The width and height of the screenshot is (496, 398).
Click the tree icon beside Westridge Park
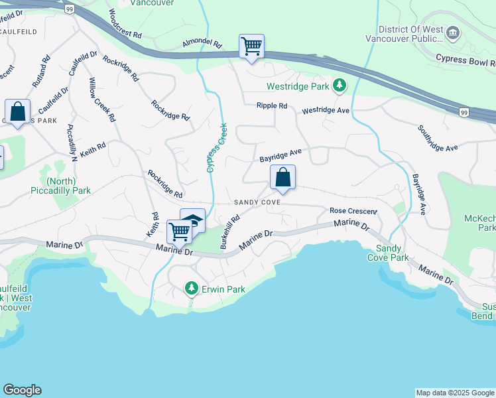(340, 86)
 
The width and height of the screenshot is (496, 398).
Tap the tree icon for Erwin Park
(192, 289)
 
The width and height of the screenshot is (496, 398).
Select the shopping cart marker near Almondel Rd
(251, 46)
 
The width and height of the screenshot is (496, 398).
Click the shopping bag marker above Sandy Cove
(282, 177)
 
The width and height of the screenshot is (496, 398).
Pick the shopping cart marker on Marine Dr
(179, 232)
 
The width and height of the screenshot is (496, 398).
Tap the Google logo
(22, 390)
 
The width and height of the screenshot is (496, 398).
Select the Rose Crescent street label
(353, 211)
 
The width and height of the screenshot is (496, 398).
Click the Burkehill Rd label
(230, 232)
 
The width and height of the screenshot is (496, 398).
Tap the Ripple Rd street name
(272, 105)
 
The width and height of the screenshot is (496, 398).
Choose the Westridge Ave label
(325, 111)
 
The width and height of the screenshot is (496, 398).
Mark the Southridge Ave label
(438, 138)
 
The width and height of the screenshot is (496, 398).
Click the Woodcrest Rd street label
(125, 24)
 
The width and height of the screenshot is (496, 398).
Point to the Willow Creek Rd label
(103, 99)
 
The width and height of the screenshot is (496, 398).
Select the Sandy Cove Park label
(389, 253)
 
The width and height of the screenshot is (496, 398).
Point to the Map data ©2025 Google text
(455, 393)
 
